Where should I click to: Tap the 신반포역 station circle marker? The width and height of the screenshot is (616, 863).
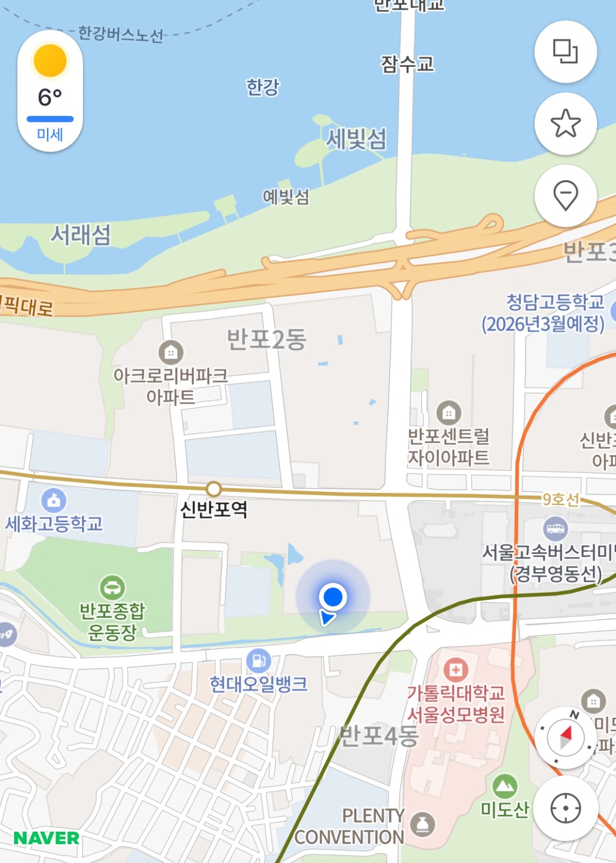214,489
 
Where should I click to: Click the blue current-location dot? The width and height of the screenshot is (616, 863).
333,597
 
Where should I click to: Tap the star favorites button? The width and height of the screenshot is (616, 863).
565,124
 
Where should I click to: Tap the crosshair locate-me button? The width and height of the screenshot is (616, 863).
565,808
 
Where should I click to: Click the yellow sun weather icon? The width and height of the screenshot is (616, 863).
50,60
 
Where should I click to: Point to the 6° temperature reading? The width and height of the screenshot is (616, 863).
50,98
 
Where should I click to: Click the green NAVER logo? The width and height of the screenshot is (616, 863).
46,838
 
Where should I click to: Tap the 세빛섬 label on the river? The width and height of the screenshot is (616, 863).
356,139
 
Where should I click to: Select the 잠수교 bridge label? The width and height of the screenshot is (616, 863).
407,64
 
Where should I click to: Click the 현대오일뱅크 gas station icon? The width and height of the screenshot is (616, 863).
259,660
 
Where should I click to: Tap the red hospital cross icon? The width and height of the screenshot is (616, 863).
456,670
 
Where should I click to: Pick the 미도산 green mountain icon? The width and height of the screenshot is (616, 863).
505,786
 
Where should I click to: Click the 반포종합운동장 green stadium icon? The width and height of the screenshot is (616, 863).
112,587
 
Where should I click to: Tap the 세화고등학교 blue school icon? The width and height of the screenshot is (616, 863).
53,501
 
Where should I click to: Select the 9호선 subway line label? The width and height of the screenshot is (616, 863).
560,499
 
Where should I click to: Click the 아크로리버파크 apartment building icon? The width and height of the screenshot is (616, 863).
171,353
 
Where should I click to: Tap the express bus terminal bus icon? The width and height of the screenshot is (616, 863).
555,528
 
